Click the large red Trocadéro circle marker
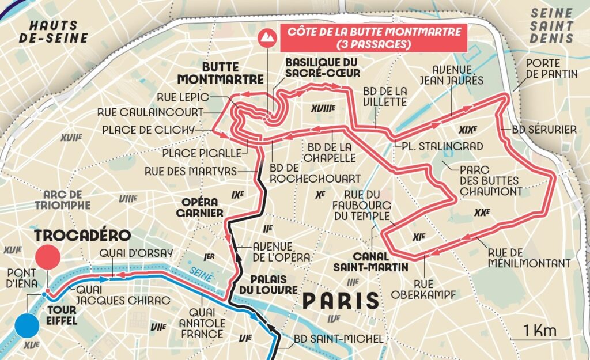[x=48, y=256]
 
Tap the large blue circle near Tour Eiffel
[x=27, y=325]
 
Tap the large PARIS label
[x=342, y=300]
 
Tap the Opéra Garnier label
[x=202, y=207]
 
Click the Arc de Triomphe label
[x=62, y=199]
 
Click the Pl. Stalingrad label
[x=442, y=146]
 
